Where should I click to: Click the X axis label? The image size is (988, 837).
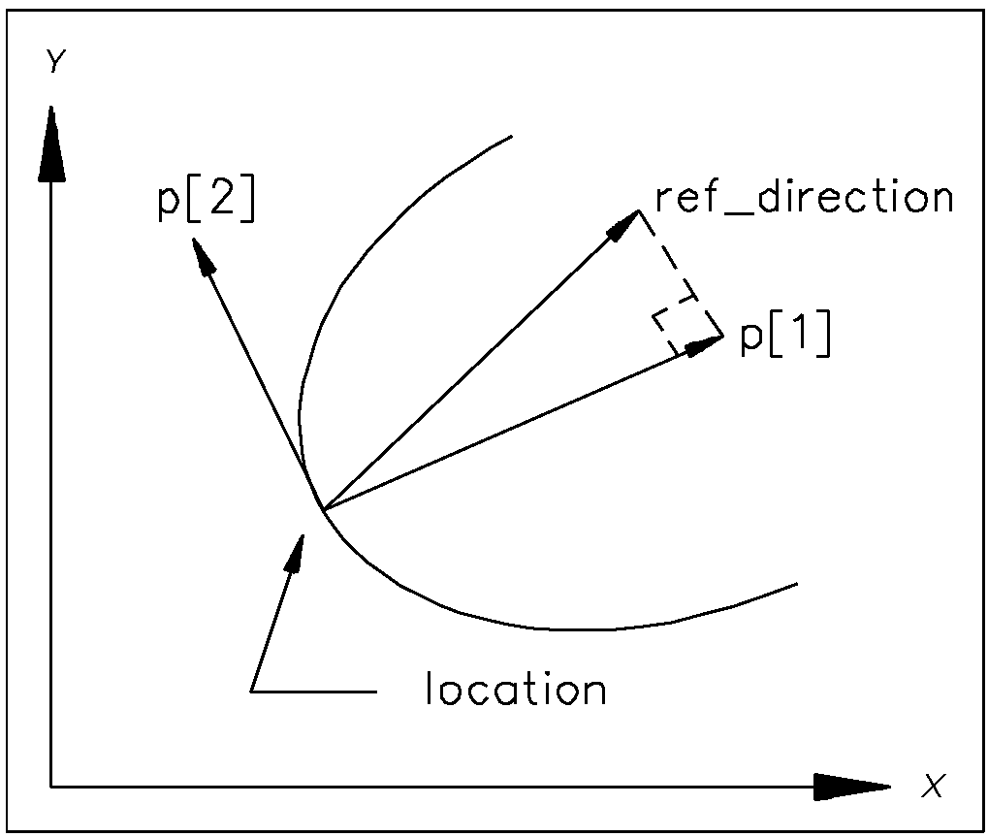933,786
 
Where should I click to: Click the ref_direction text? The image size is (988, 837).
804,198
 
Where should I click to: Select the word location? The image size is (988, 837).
516,690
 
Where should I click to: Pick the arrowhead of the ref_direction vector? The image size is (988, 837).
624,223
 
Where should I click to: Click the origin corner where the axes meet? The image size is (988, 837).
50,786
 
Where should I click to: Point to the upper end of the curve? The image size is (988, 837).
510,138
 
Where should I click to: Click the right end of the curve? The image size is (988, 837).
795,584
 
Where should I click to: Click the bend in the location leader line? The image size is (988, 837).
252,691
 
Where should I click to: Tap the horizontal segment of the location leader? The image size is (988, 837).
313,691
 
